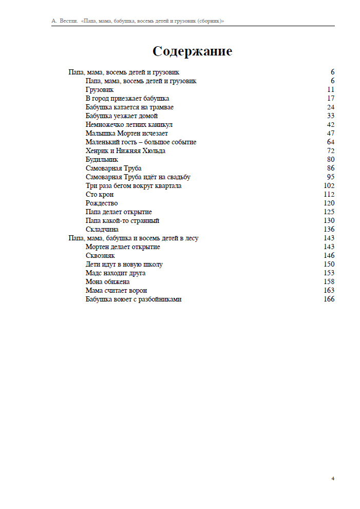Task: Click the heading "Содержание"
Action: point(192,52)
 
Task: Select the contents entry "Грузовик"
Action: point(100,90)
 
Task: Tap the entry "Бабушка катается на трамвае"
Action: point(129,107)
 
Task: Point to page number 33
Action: point(330,116)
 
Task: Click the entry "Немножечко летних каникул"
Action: point(129,125)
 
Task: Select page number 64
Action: point(330,142)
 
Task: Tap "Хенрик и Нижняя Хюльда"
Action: point(125,151)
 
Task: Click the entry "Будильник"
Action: point(102,160)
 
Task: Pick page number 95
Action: point(330,177)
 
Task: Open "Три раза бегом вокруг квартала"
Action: point(134,186)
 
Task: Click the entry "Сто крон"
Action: point(100,195)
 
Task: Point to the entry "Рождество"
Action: point(102,203)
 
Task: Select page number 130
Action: point(329,221)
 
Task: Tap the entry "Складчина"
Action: point(102,230)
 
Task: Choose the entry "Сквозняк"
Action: point(100,256)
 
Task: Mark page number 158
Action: point(329,282)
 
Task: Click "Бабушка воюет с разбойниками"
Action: point(134,299)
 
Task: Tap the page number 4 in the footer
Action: point(333,479)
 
